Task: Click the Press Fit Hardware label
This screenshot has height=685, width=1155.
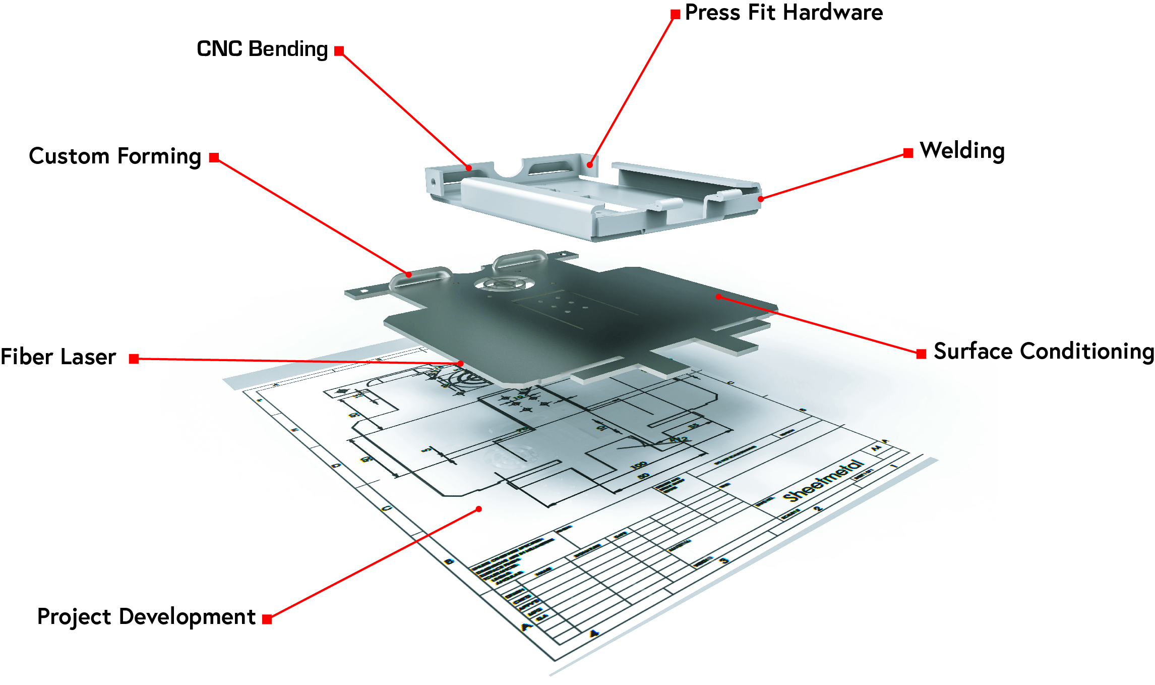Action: [783, 13]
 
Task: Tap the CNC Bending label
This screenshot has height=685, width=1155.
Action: [262, 49]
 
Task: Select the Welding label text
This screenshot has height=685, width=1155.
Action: [962, 151]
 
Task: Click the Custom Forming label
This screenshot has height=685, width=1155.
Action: [115, 156]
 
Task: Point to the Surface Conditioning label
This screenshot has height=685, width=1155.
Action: [1044, 352]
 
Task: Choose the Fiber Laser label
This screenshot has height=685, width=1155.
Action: [58, 357]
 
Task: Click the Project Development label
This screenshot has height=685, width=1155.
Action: [146, 617]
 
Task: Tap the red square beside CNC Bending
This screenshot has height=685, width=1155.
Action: [339, 51]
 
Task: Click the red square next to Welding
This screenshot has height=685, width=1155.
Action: [908, 153]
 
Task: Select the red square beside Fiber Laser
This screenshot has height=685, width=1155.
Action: [134, 359]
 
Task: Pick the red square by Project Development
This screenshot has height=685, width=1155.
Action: [267, 619]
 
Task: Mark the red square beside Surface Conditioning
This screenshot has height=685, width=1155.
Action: [921, 354]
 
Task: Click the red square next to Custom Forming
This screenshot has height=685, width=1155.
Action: [214, 158]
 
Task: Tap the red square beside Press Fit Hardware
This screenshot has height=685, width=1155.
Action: [675, 15]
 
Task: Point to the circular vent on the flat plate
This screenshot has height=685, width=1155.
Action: [505, 284]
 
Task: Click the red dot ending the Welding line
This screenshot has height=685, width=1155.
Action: [761, 199]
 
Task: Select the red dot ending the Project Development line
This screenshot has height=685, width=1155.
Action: [479, 509]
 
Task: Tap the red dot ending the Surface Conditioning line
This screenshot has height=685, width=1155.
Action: [718, 297]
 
